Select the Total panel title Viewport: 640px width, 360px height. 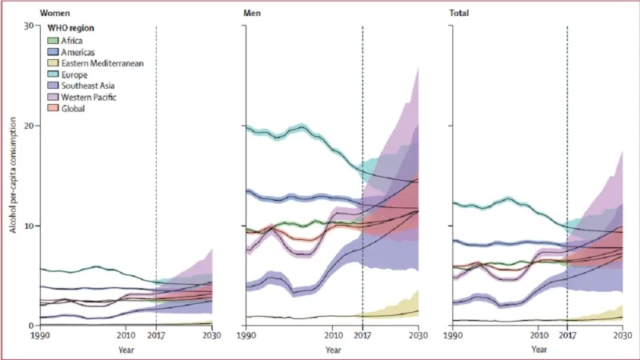(x=461, y=14)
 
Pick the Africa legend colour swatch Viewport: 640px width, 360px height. (x=54, y=40)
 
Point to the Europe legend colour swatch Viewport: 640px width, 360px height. (x=54, y=74)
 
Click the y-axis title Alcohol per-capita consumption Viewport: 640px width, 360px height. (x=14, y=176)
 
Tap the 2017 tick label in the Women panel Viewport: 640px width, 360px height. (x=156, y=335)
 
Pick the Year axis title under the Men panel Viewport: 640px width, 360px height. (x=333, y=349)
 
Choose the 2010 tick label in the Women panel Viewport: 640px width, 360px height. (x=126, y=335)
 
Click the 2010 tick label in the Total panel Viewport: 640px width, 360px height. (x=538, y=335)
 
